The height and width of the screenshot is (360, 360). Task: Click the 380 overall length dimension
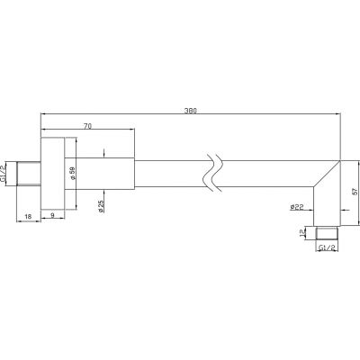tap(190, 111)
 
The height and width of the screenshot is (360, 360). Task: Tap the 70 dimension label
tap(87, 126)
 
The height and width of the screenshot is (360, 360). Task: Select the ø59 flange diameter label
tap(72, 174)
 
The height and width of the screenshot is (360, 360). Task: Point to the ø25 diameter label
tap(101, 206)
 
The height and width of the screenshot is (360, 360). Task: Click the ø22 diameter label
tap(297, 207)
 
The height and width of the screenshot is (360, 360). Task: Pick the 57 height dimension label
tap(354, 192)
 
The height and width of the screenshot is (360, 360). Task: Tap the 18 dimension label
tap(28, 217)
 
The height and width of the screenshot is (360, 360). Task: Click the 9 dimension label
tap(52, 215)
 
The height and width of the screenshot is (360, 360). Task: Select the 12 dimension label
tap(302, 233)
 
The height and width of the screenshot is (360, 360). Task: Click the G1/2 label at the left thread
tap(3, 175)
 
